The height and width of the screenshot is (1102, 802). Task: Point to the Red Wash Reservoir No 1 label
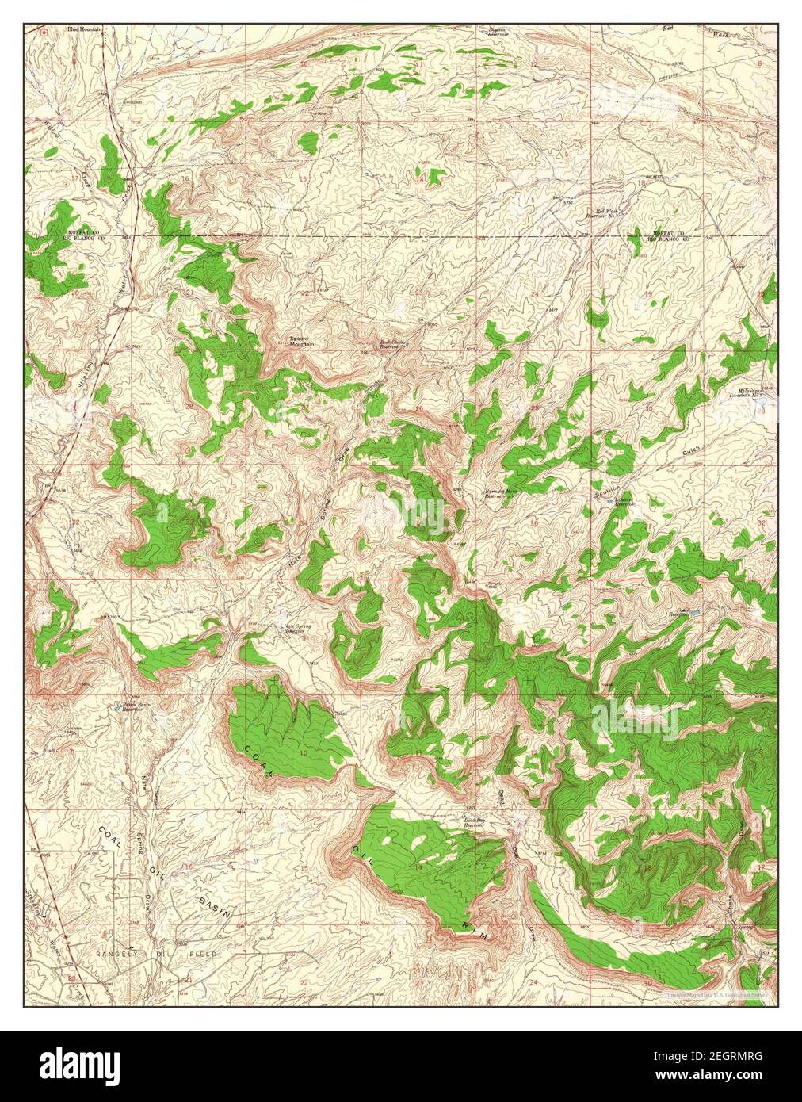tap(601, 213)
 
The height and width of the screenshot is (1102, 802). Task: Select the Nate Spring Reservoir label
tap(297, 629)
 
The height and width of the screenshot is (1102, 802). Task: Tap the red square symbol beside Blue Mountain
tap(44, 32)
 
